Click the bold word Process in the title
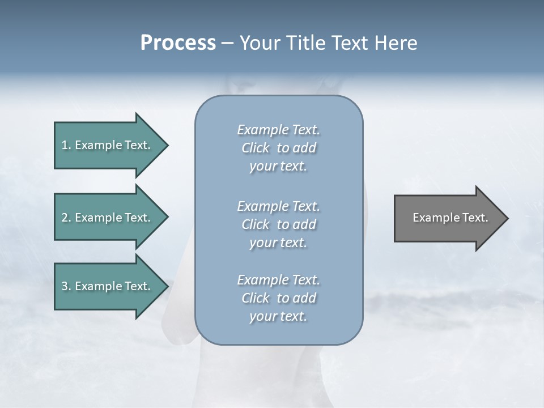pos(178,43)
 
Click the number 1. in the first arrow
pos(66,145)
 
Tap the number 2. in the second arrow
pos(66,218)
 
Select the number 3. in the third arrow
pos(66,286)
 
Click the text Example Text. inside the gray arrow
pos(450,218)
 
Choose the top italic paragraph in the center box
pos(278,148)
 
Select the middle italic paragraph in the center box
pos(278,224)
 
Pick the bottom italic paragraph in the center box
pos(278,298)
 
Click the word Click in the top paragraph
pos(256,148)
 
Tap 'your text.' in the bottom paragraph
pos(278,316)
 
